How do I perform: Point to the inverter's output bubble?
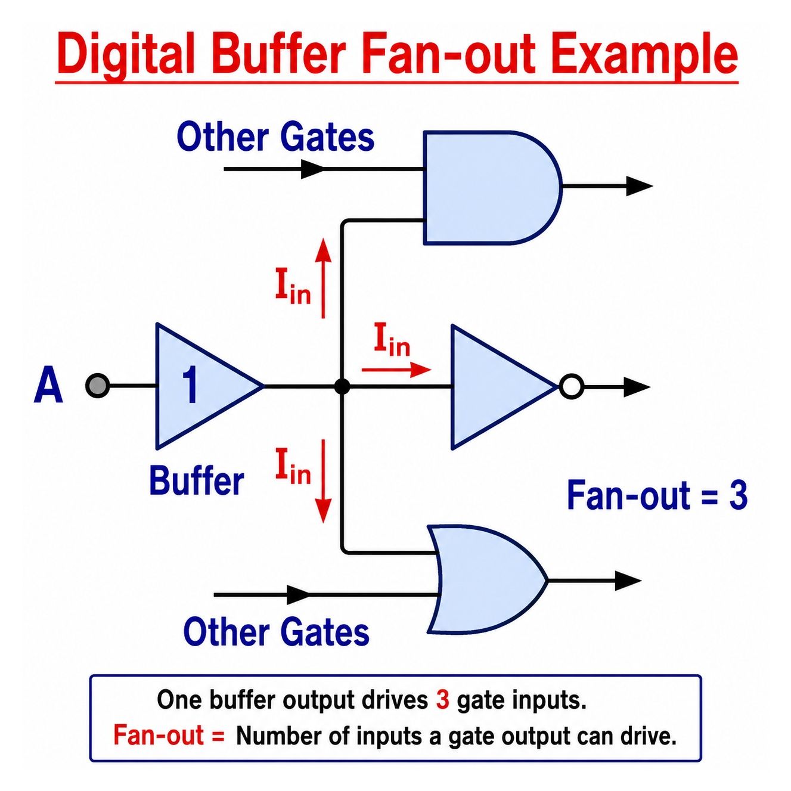571,387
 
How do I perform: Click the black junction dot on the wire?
342,387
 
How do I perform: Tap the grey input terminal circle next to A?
98,386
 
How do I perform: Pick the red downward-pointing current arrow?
324,481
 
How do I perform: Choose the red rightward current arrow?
396,370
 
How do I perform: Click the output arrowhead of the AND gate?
639,186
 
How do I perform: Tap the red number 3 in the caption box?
442,700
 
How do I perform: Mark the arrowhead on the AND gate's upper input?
312,169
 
